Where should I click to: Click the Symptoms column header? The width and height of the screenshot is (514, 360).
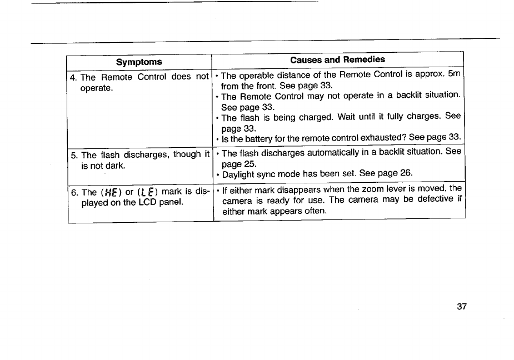[139, 62]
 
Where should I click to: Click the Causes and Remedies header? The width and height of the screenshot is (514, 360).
[337, 59]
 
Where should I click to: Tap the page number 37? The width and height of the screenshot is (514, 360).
[460, 307]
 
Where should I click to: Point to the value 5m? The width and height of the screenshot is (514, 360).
[455, 74]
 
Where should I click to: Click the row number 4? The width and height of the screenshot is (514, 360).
[73, 77]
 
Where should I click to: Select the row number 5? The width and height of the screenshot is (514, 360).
[73, 154]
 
